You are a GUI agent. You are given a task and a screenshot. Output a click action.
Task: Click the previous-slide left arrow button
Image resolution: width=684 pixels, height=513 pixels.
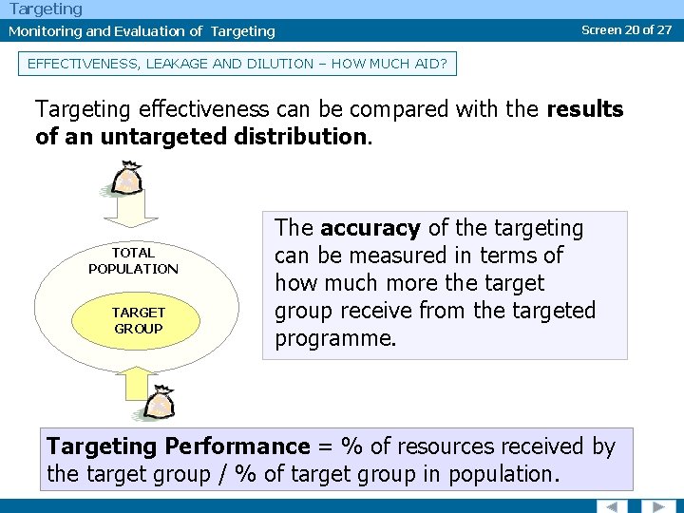click(612, 504)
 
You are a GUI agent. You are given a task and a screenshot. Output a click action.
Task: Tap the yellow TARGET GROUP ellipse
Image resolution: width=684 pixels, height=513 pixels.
click(138, 320)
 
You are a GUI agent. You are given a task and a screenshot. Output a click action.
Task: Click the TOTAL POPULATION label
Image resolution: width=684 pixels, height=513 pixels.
click(133, 260)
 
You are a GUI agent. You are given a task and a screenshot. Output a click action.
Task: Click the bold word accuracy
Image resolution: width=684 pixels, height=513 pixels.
click(370, 228)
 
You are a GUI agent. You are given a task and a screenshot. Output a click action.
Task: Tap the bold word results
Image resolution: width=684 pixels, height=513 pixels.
click(584, 109)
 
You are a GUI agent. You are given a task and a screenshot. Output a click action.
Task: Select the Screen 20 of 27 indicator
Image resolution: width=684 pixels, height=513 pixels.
click(626, 29)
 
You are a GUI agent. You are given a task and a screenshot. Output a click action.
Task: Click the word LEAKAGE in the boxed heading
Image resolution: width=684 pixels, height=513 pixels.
click(176, 65)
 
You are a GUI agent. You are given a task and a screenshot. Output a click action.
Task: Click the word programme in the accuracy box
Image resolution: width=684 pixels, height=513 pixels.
click(334, 338)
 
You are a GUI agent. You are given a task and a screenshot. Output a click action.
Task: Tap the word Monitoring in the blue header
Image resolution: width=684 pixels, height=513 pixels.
click(45, 31)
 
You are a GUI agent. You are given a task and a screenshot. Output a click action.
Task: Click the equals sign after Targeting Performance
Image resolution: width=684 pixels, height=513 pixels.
click(324, 446)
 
